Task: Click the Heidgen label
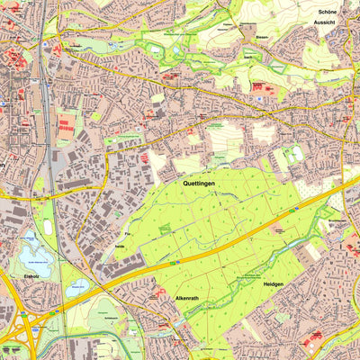click(274, 284)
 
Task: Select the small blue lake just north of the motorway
click(76, 290)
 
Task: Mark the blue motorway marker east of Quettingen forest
click(297, 209)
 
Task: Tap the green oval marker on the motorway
click(178, 262)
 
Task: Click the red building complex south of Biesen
click(259, 88)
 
